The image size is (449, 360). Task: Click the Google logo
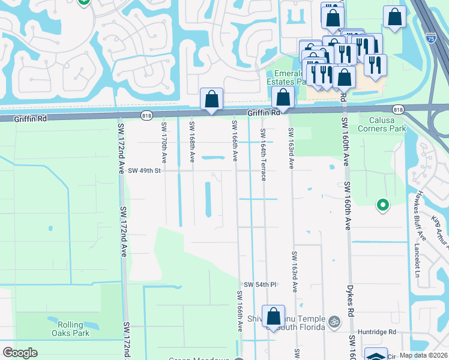pos(20,352)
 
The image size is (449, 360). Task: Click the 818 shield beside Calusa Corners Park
pos(397,109)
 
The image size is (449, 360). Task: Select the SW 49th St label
pos(145,170)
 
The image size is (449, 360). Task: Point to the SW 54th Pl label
pos(260,284)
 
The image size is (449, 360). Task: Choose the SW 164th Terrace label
pos(263,154)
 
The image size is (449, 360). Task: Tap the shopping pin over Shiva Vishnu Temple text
pos(273,316)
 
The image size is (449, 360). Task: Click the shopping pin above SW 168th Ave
pos(212,99)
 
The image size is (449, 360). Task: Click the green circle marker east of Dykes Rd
pos(382,206)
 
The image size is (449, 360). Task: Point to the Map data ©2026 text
pos(423,355)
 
